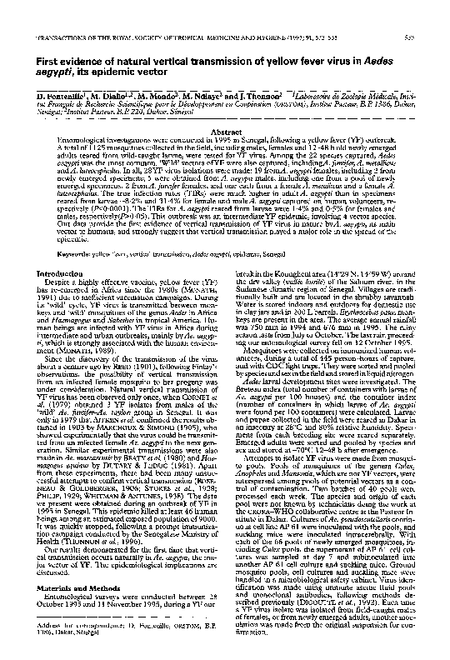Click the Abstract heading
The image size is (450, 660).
226,132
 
